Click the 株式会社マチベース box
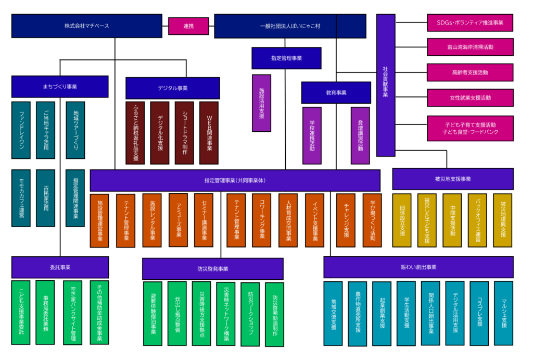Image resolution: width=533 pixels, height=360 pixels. [x=87, y=26]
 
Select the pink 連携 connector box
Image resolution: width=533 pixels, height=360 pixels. [x=188, y=26]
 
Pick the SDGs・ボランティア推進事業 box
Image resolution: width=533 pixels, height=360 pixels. [x=470, y=23]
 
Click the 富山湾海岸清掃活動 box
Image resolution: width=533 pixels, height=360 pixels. [x=470, y=47]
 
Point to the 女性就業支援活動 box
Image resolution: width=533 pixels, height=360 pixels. [x=470, y=97]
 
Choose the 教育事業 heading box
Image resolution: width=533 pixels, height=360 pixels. [x=333, y=93]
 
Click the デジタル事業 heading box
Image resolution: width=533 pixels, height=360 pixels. [x=173, y=88]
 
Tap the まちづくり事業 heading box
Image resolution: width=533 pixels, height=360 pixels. [x=60, y=86]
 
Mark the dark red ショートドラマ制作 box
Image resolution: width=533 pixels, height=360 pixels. [x=184, y=133]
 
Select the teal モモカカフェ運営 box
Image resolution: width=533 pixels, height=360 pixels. [x=21, y=198]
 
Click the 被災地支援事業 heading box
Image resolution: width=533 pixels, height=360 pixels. [x=452, y=179]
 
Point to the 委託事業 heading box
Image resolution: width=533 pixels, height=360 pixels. [x=60, y=267]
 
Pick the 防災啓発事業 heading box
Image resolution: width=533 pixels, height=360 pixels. [x=212, y=269]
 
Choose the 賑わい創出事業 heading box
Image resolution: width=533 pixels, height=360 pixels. [x=418, y=267]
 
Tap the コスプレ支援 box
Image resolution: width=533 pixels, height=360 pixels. [x=479, y=313]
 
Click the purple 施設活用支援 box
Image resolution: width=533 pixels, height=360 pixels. [x=261, y=103]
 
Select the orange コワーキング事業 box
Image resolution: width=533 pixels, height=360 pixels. [x=261, y=220]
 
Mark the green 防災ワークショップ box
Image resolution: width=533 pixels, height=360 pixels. [x=250, y=314]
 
